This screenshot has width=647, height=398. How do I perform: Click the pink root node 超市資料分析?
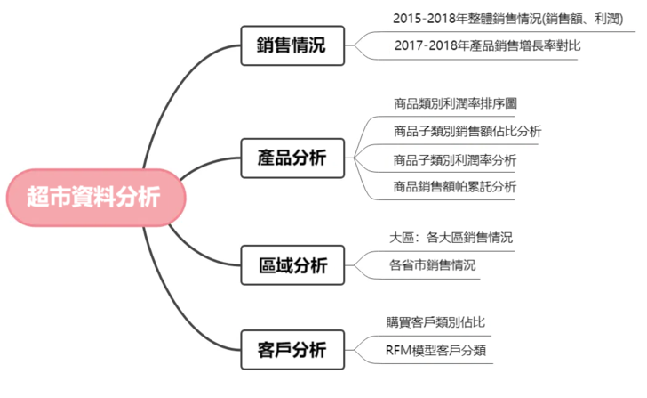tap(93, 197)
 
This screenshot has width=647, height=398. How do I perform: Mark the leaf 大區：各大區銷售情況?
tap(451, 238)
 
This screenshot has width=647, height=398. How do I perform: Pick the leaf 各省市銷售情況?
tap(433, 264)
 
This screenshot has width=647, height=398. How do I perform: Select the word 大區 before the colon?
tap(402, 238)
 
